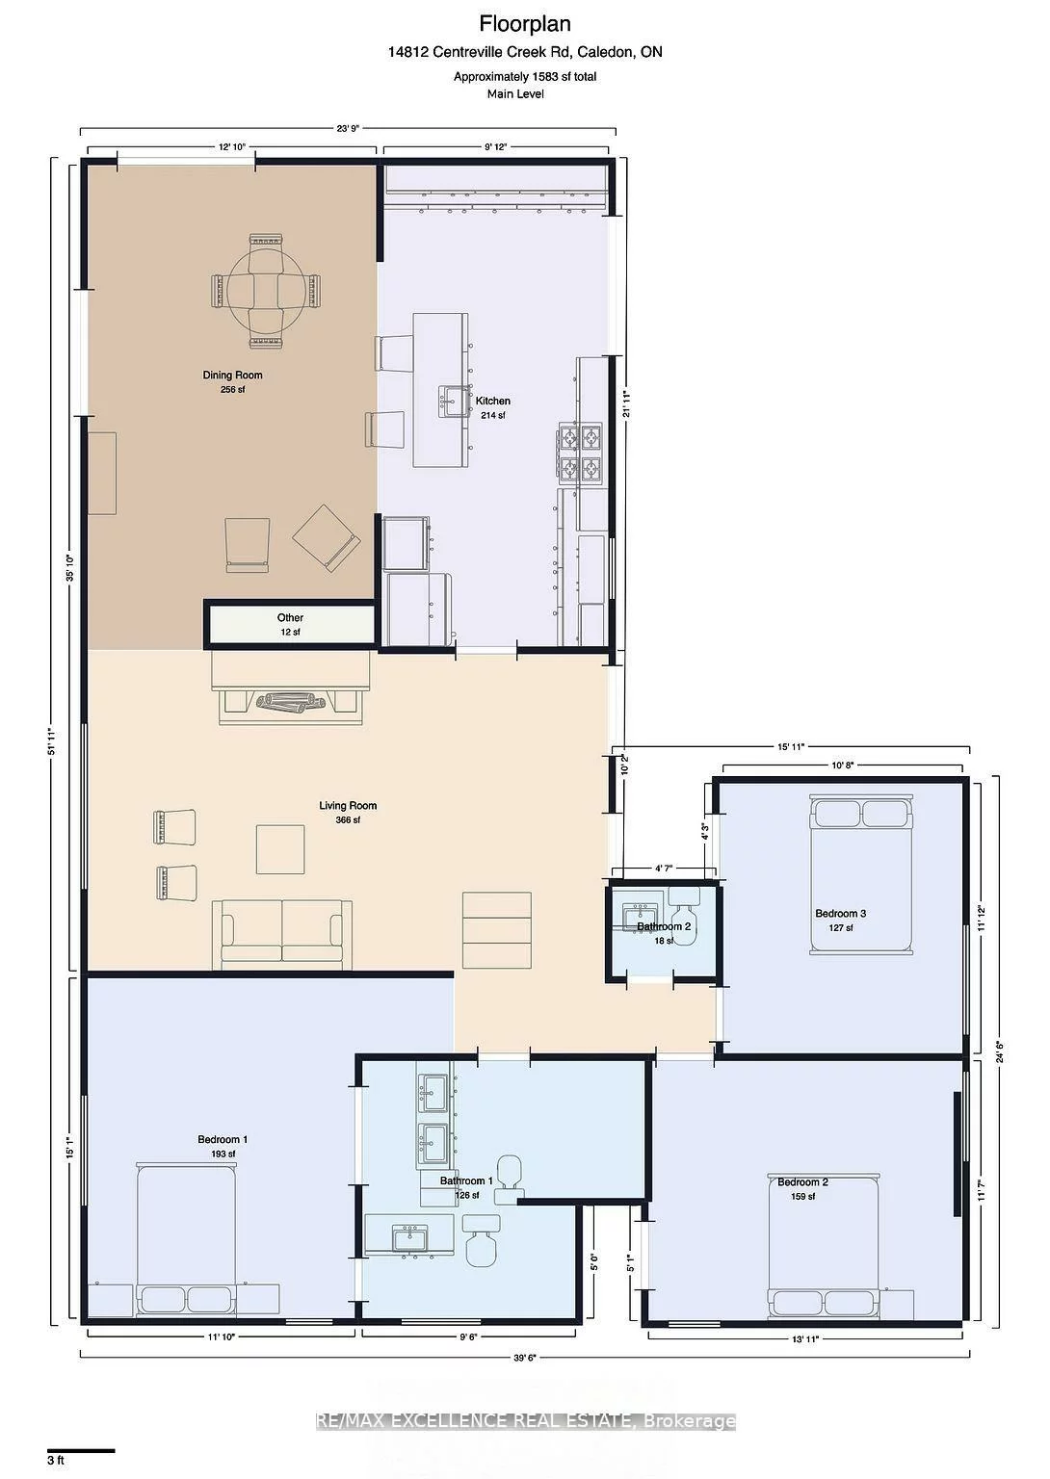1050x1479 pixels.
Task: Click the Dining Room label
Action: [232, 375]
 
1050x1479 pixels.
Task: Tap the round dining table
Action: [266, 291]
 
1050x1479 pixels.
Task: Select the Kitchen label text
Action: [492, 401]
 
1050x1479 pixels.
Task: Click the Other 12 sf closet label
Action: [290, 625]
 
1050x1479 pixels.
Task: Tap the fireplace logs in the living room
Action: [291, 702]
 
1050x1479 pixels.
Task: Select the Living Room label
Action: [348, 806]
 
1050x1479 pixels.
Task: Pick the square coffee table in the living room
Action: [280, 849]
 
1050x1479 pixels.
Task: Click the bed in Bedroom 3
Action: [861, 875]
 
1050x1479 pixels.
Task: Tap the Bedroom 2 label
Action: [802, 1181]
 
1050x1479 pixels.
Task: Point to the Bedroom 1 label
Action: [223, 1139]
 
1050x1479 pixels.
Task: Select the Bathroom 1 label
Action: [466, 1181]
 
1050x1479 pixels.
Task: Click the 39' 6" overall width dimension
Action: [524, 1358]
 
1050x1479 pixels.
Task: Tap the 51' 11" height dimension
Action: [54, 742]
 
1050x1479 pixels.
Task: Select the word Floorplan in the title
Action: [525, 24]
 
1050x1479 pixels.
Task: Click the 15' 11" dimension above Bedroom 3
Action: [791, 747]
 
